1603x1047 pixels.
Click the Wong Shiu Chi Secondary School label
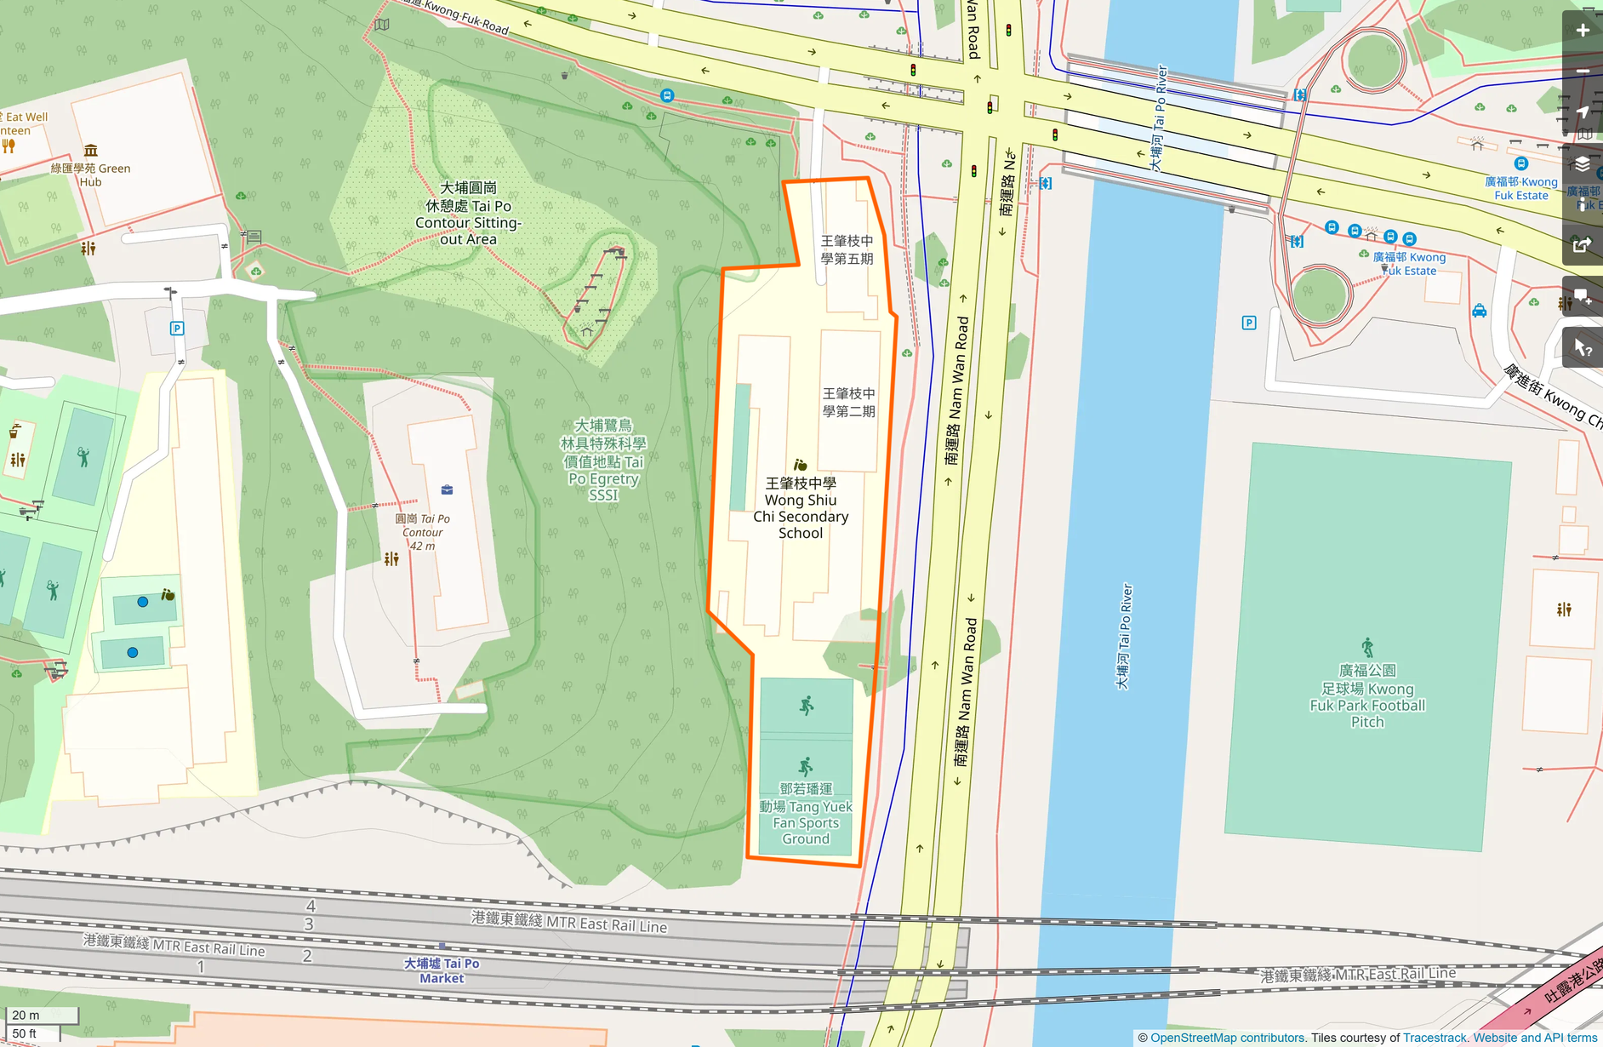point(800,508)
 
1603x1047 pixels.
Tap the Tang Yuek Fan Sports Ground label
point(806,814)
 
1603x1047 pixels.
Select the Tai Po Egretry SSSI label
point(602,460)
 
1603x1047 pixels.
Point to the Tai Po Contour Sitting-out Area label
point(468,214)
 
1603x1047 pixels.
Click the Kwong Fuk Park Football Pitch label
point(1366,696)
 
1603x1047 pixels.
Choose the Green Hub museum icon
point(90,151)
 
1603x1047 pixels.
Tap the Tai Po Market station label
point(442,970)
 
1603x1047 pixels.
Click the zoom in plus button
point(1583,31)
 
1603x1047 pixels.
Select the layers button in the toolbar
point(1583,164)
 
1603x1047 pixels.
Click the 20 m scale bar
point(42,1015)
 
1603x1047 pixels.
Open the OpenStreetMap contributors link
point(1227,1038)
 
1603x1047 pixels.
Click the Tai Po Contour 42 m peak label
point(423,532)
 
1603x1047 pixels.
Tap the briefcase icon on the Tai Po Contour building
point(447,489)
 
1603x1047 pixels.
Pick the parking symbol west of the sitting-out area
point(177,329)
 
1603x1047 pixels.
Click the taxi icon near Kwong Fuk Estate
point(1480,311)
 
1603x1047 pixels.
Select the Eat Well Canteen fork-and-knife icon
point(9,146)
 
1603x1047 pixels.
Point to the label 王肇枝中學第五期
point(847,249)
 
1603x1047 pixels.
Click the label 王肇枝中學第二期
point(848,402)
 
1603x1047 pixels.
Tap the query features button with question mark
point(1583,348)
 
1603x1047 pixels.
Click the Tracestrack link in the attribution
point(1435,1038)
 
